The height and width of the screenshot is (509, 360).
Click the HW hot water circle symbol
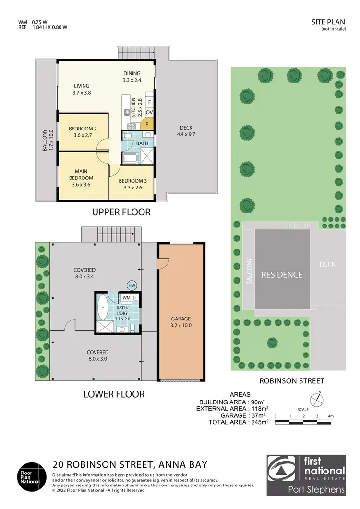[132, 285]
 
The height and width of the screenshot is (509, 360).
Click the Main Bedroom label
[81, 175]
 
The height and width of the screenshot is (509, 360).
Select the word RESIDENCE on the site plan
[282, 275]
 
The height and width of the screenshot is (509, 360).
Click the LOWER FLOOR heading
[114, 394]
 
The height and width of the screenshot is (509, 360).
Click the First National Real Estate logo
[306, 475]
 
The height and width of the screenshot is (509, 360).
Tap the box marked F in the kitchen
[149, 102]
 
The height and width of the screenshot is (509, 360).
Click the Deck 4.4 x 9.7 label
[186, 131]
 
